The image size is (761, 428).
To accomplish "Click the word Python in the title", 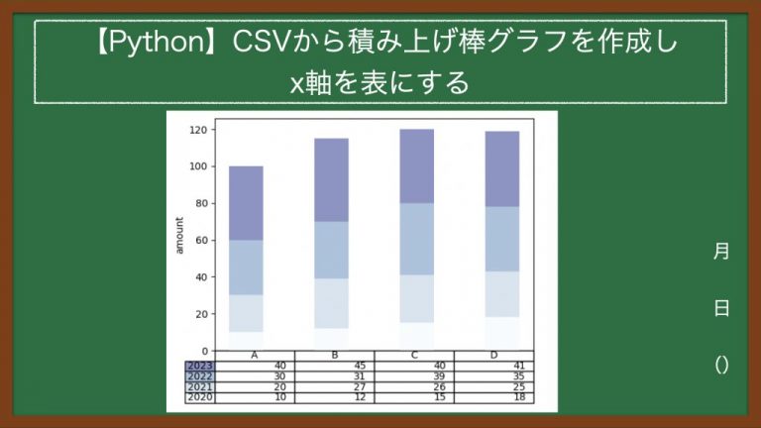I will [x=164, y=43].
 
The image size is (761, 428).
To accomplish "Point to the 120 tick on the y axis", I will [x=199, y=130].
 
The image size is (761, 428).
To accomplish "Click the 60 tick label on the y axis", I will [x=202, y=241].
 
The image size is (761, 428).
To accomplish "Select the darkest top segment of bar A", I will [x=246, y=203].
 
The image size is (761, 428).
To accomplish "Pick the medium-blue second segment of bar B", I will [x=331, y=250].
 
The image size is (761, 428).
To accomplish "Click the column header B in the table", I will [x=335, y=357].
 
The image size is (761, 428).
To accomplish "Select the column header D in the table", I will [x=493, y=357].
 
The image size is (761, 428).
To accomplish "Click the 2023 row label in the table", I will [x=200, y=366].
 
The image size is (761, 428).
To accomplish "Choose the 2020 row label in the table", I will [x=200, y=397].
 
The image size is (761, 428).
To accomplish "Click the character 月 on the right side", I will [x=721, y=252].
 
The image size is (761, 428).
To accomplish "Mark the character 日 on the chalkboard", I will [x=721, y=308].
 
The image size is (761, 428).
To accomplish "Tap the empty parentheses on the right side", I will [x=721, y=365].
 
